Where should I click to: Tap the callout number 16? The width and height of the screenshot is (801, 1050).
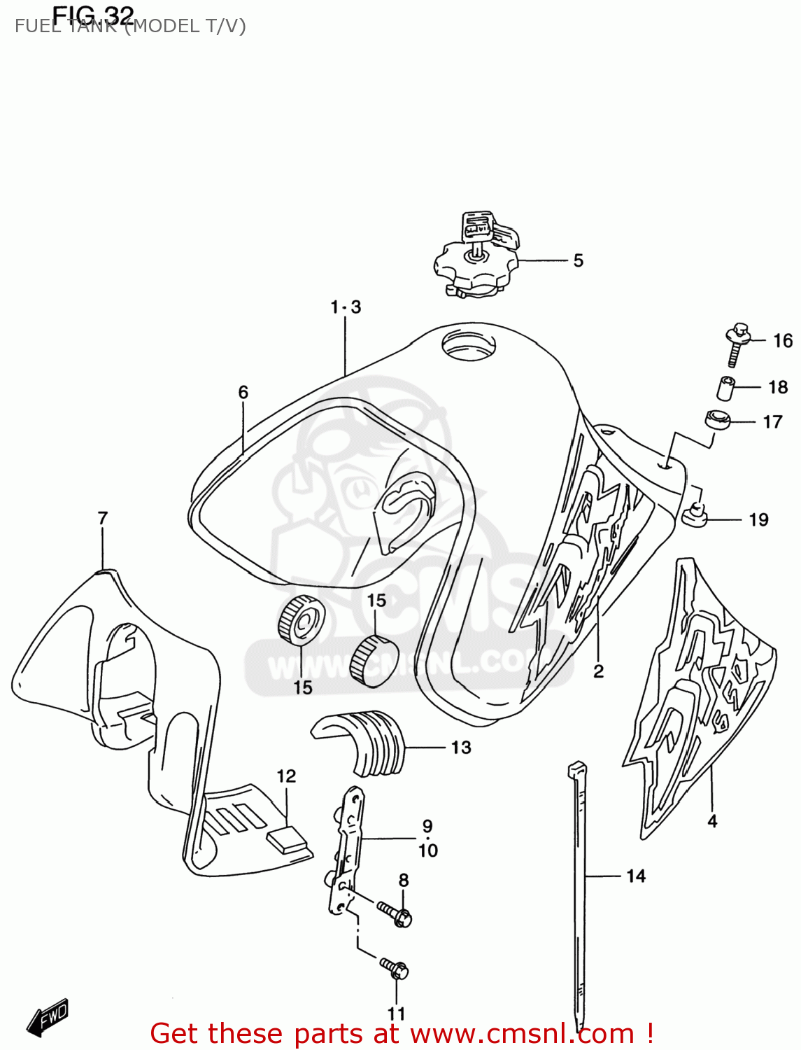[783, 341]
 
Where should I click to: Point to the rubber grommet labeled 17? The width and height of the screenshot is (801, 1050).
[717, 419]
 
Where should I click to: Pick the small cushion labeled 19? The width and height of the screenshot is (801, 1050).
[695, 517]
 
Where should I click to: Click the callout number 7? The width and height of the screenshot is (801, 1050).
[103, 519]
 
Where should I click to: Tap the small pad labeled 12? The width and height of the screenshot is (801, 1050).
[287, 838]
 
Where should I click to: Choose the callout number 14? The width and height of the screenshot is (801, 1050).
[636, 876]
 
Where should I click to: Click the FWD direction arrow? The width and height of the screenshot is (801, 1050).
[48, 1017]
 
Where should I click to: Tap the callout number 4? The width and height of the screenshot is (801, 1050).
[712, 821]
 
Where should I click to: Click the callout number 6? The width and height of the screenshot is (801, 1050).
[243, 393]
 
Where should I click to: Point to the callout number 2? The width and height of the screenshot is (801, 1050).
[598, 671]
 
